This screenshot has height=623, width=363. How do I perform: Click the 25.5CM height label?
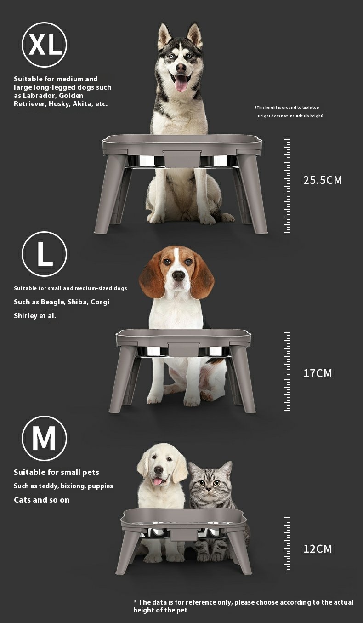point(323,180)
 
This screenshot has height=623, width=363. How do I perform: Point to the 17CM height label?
point(318,373)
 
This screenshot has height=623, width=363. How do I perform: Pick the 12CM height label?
point(318,549)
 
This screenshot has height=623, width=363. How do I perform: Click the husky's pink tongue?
point(181,83)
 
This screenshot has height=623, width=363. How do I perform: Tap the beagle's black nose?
point(178,276)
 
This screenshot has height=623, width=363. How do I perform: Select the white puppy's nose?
point(159,470)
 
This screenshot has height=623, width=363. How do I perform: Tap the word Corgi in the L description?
point(100,302)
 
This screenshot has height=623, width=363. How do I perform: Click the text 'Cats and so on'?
point(42,500)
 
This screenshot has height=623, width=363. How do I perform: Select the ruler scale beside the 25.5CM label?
point(287,185)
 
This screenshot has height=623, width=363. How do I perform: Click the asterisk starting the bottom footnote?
point(135,601)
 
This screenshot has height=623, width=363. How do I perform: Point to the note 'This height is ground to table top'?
point(287,107)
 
